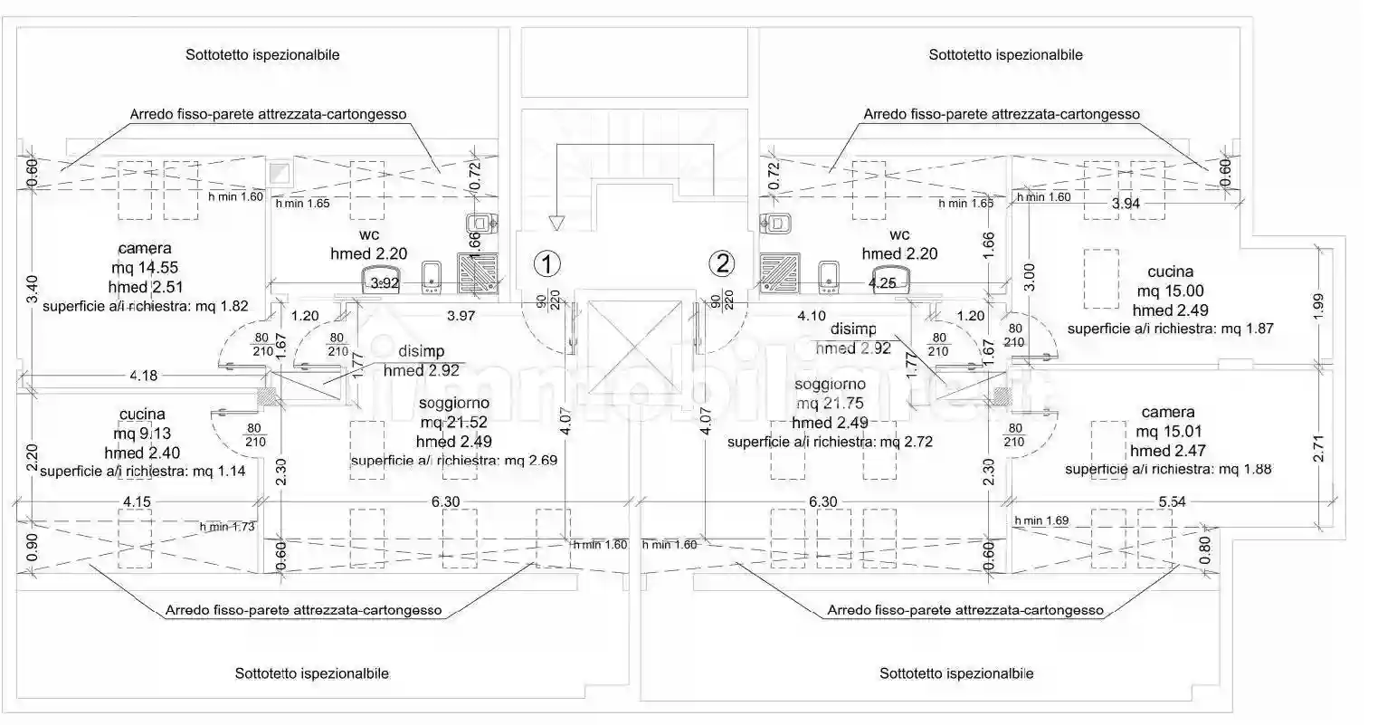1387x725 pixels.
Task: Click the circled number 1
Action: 546,263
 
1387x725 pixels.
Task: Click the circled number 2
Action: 721,263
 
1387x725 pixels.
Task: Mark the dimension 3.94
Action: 1126,205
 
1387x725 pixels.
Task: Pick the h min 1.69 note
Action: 1042,520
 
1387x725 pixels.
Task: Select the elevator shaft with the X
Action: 632,348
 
